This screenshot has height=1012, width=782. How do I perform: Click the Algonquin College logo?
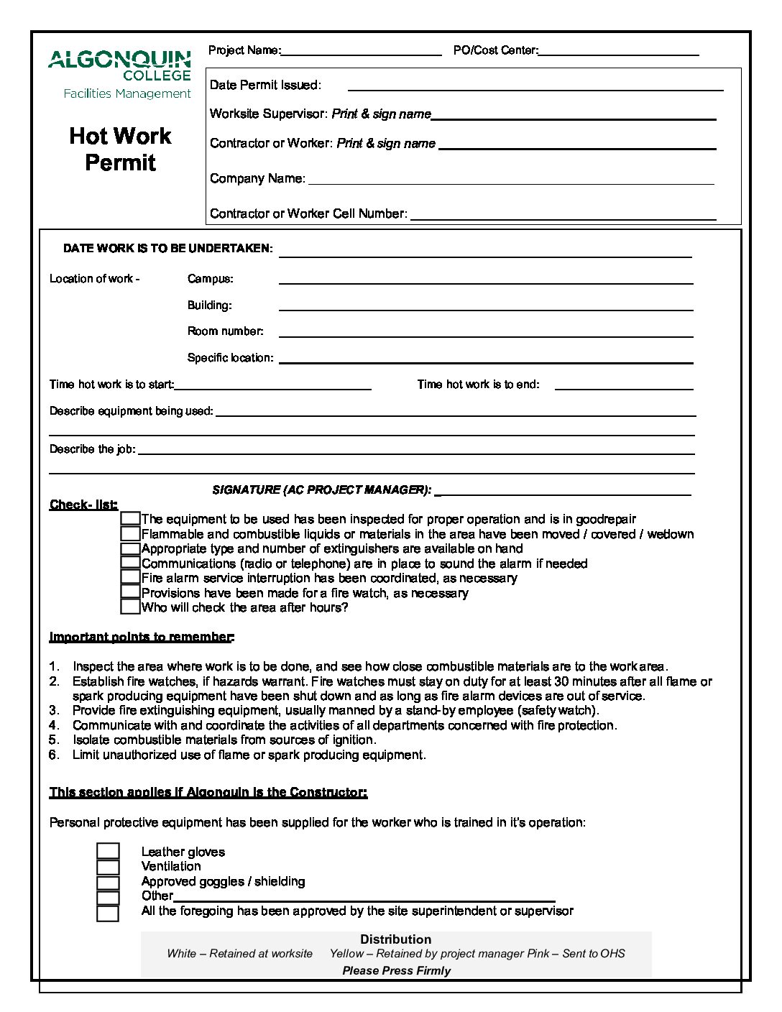(x=119, y=66)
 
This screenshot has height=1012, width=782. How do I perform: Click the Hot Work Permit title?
(x=120, y=149)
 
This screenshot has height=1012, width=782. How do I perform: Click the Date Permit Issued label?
(x=265, y=85)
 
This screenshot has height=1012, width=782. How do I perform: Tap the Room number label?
(x=225, y=331)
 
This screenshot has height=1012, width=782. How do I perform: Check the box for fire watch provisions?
(x=130, y=592)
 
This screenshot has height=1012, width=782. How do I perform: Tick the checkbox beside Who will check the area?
(x=130, y=607)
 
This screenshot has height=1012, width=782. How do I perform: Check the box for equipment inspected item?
(x=130, y=518)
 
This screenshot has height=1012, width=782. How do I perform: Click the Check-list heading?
(x=83, y=505)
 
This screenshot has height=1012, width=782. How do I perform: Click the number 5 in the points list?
(x=54, y=740)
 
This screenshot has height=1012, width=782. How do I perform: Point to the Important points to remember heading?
(x=142, y=637)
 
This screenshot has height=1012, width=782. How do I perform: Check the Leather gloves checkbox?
(x=108, y=852)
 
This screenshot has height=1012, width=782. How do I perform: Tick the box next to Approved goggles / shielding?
(x=108, y=883)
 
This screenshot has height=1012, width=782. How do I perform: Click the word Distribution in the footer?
(x=395, y=939)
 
